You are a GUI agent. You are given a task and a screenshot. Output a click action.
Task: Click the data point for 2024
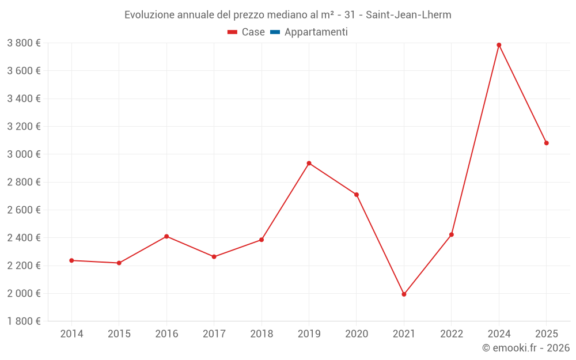click(499, 45)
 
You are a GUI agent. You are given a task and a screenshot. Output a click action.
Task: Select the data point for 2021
click(404, 294)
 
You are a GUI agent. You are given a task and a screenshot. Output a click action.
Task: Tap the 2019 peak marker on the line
click(309, 163)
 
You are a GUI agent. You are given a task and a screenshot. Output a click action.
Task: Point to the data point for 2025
click(546, 143)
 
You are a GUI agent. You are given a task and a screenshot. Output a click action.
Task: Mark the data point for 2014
click(71, 260)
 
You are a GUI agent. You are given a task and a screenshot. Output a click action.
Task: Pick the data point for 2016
click(166, 236)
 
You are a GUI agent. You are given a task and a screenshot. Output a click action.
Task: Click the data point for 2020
click(357, 195)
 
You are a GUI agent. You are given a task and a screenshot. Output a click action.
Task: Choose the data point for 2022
click(452, 234)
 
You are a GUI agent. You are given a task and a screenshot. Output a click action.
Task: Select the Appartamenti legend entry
click(316, 32)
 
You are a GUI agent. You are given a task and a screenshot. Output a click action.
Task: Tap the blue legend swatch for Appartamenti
click(275, 32)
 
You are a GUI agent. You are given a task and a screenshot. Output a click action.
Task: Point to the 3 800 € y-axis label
click(24, 43)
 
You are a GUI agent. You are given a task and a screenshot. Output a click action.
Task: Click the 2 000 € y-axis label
click(24, 293)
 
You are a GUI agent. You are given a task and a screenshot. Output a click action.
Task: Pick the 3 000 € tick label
click(24, 154)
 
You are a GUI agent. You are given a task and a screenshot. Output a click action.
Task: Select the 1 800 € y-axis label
click(24, 321)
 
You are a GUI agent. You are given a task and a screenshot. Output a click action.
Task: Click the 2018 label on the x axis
click(262, 334)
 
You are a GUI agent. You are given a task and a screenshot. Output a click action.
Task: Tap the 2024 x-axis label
click(499, 334)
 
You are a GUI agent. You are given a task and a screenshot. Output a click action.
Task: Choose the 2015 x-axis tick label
click(119, 334)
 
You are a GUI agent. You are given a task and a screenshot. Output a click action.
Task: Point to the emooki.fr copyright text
click(526, 348)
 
